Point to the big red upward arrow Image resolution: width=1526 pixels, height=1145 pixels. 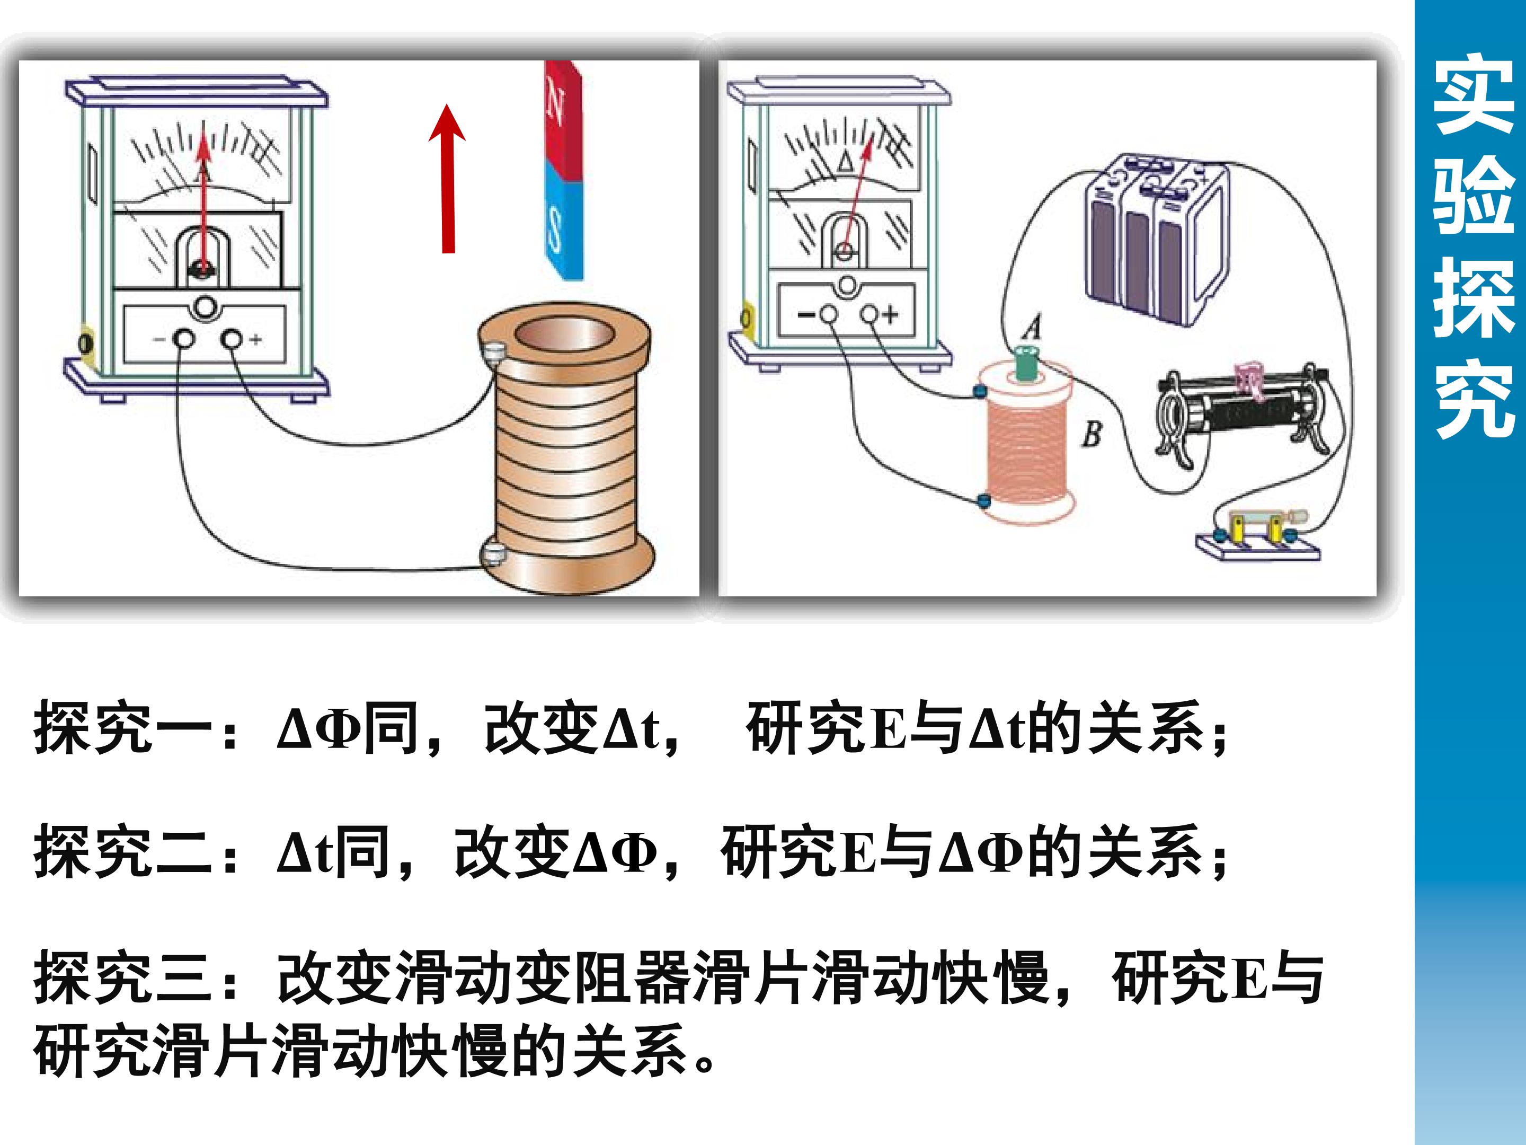[x=448, y=179]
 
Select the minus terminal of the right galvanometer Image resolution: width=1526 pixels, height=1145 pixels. [x=829, y=315]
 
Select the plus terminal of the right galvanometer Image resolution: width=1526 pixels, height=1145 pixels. [x=870, y=315]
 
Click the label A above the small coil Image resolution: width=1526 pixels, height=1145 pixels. [x=1032, y=327]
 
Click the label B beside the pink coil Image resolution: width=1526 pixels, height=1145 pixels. [x=1092, y=434]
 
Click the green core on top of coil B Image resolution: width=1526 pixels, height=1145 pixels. [x=1026, y=364]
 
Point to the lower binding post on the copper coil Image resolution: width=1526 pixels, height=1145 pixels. [x=493, y=553]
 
